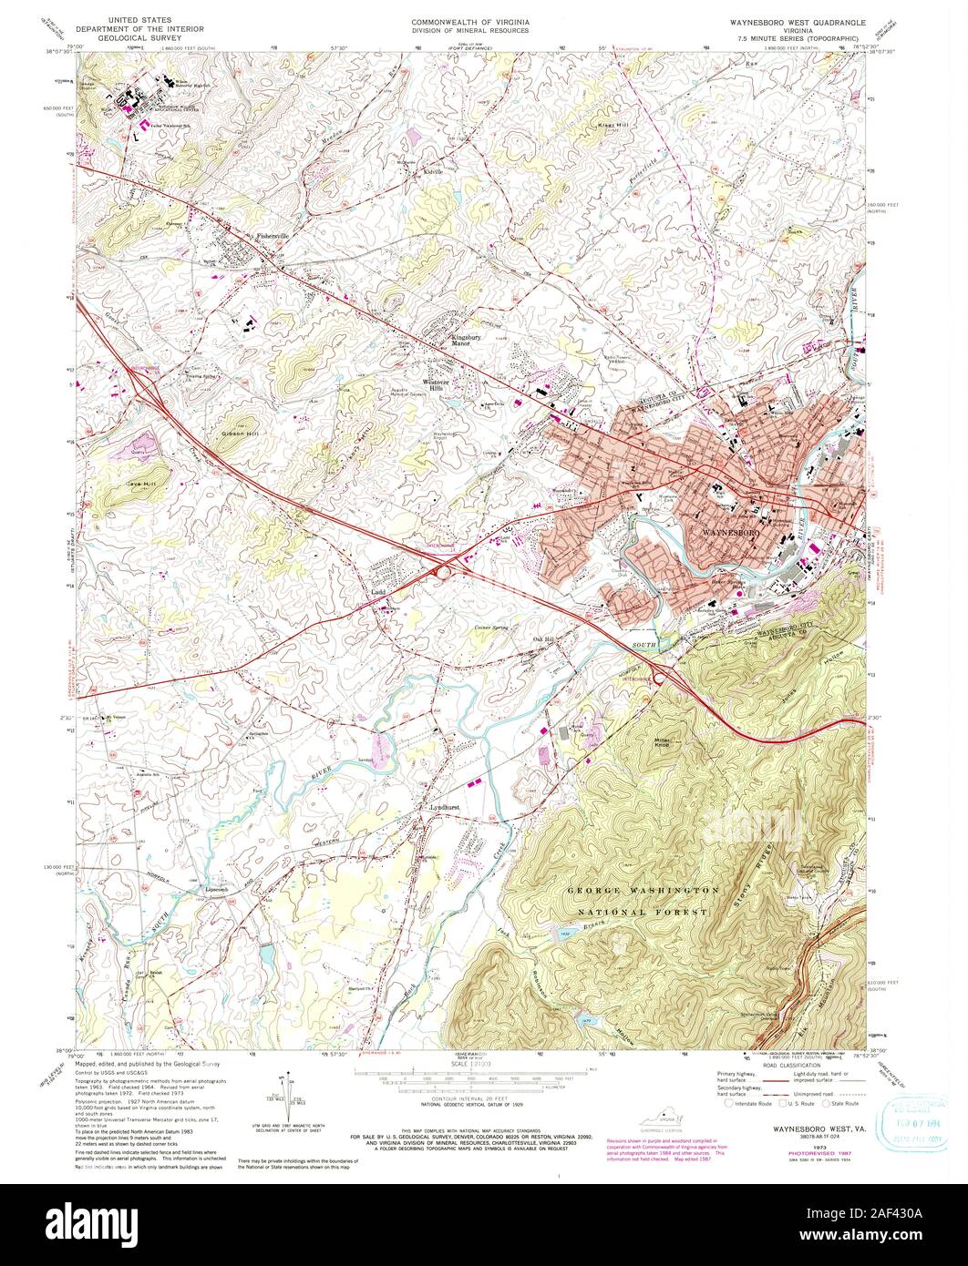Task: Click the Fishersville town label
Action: point(272,236)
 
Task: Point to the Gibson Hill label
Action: point(240,434)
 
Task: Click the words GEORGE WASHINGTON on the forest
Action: point(644,890)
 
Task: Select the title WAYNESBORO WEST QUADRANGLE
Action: point(790,19)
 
